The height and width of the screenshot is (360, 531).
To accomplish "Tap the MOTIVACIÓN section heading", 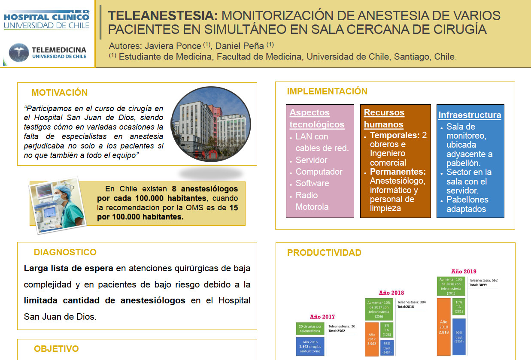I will (59, 93).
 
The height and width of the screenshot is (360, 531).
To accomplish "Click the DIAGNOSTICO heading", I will (65, 252).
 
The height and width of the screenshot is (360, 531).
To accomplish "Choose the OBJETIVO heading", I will (56, 349).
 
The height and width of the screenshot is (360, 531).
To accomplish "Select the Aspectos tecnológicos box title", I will (317, 118).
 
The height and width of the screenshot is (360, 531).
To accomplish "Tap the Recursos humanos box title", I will (384, 118).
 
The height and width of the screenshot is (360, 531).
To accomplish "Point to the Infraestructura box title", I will (470, 115).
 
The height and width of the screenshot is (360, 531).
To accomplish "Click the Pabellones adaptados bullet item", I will (467, 204).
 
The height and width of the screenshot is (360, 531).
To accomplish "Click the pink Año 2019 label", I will (464, 272).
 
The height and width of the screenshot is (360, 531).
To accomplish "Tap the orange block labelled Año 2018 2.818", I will (443, 327).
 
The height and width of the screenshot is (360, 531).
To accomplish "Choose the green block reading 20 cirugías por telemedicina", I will (310, 329).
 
